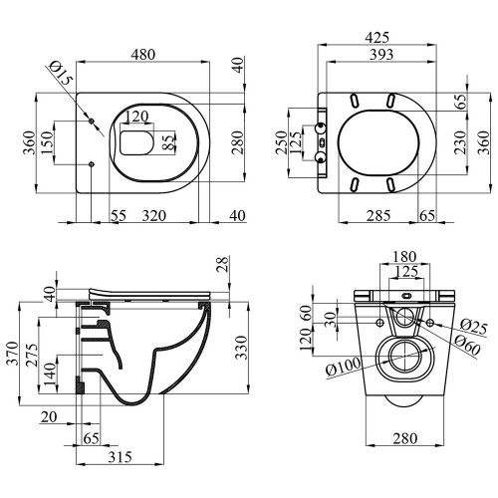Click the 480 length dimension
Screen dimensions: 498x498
142,54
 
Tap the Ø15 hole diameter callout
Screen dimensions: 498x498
61,73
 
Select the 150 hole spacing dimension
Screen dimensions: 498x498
47,142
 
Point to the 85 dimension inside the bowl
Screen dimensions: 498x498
169,142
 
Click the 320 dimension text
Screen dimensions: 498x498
154,216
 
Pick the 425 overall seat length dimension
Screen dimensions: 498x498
376,38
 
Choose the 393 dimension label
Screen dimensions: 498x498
381,55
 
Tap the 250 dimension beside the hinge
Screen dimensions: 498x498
281,142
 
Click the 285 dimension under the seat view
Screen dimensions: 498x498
378,216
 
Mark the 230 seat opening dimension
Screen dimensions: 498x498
460,142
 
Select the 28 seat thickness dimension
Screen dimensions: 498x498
223,264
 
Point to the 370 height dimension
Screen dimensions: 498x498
13,353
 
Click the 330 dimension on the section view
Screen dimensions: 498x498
242,348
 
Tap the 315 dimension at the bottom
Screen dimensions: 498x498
120,457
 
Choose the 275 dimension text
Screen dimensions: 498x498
32,356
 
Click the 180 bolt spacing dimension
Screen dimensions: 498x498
404,257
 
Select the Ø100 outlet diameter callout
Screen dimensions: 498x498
343,367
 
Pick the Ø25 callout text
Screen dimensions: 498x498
474,327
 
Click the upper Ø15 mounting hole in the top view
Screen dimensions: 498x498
92,121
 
